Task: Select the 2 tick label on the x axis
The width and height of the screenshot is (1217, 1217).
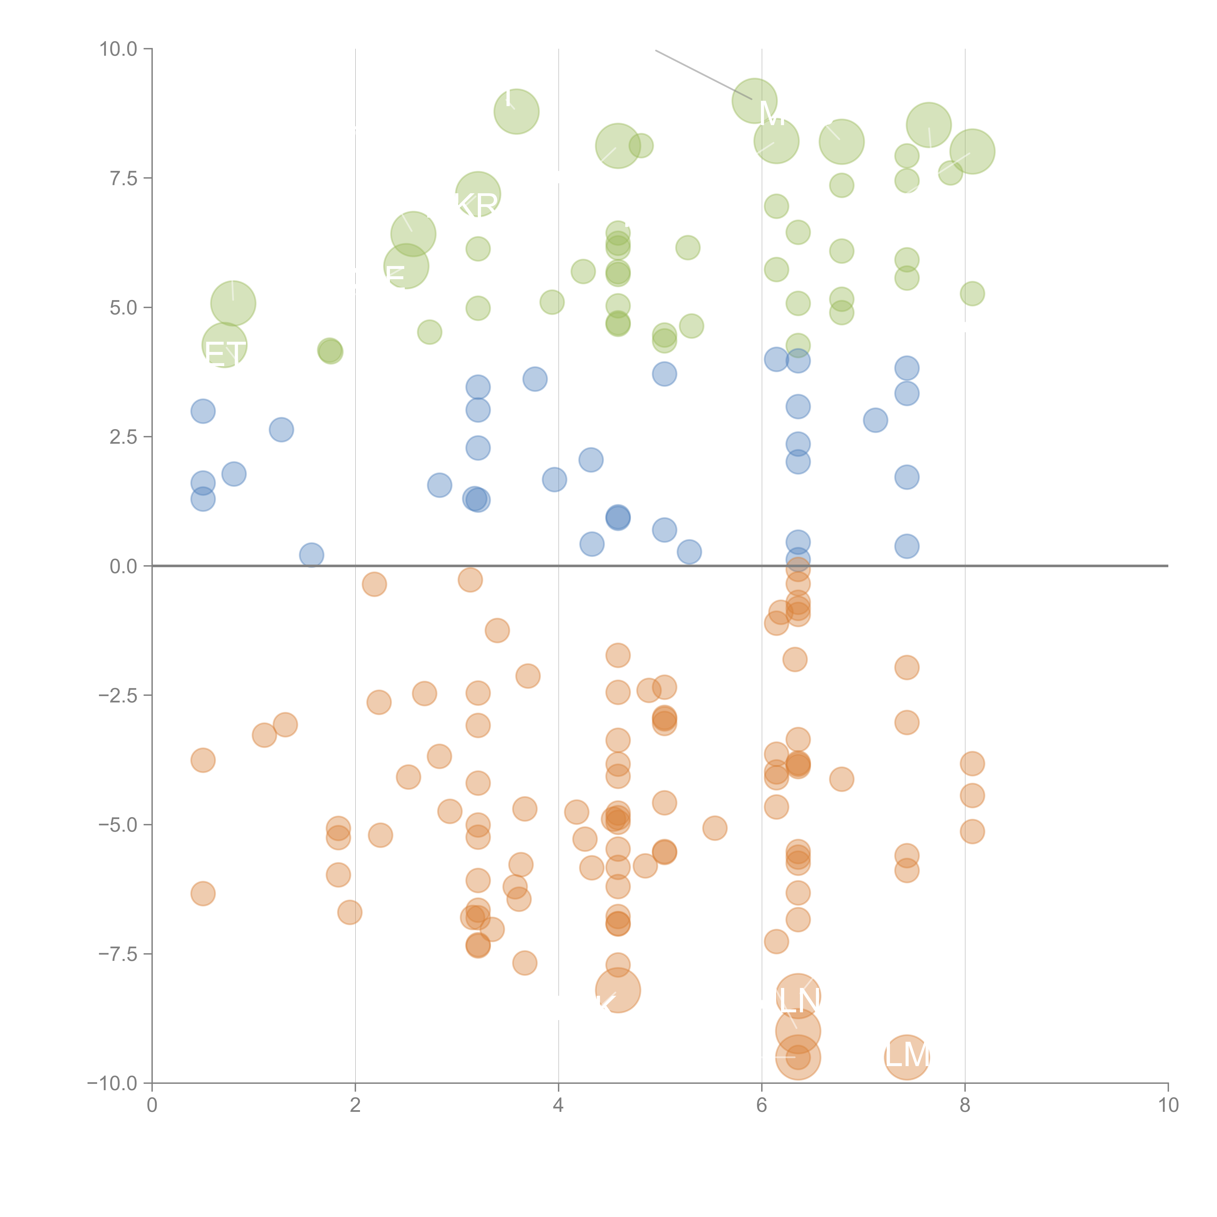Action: click(355, 1106)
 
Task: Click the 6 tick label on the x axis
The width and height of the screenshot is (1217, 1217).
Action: click(762, 1106)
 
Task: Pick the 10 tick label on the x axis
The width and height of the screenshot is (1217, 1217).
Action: click(1168, 1106)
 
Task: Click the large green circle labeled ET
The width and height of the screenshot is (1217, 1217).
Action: click(224, 345)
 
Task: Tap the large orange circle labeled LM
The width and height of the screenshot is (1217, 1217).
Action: click(906, 1057)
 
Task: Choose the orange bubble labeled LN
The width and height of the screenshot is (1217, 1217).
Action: click(798, 995)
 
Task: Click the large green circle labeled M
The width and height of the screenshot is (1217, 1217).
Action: click(754, 101)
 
